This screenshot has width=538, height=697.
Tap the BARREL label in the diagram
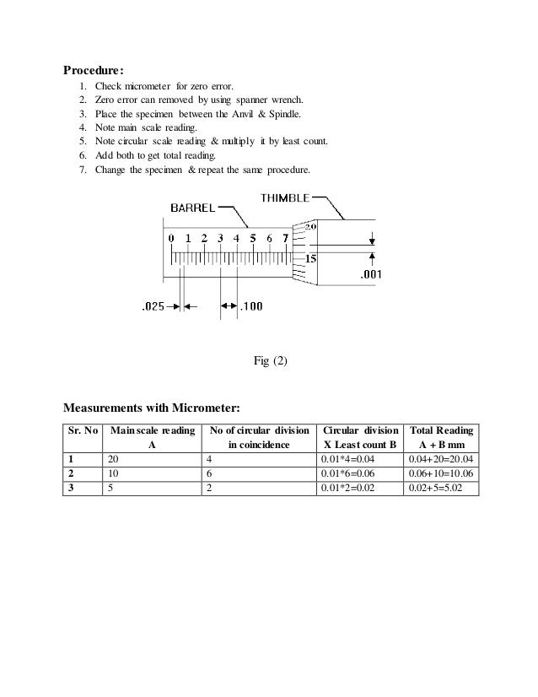tap(195, 208)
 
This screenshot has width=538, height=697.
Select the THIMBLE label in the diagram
tap(285, 197)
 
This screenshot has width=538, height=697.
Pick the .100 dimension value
tap(251, 307)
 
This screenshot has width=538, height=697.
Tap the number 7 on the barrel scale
tap(285, 239)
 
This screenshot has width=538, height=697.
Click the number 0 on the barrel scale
tap(171, 239)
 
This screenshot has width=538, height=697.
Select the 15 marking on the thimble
tap(310, 259)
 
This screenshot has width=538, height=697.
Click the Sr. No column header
tap(82, 430)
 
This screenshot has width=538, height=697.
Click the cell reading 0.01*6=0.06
tap(347, 473)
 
